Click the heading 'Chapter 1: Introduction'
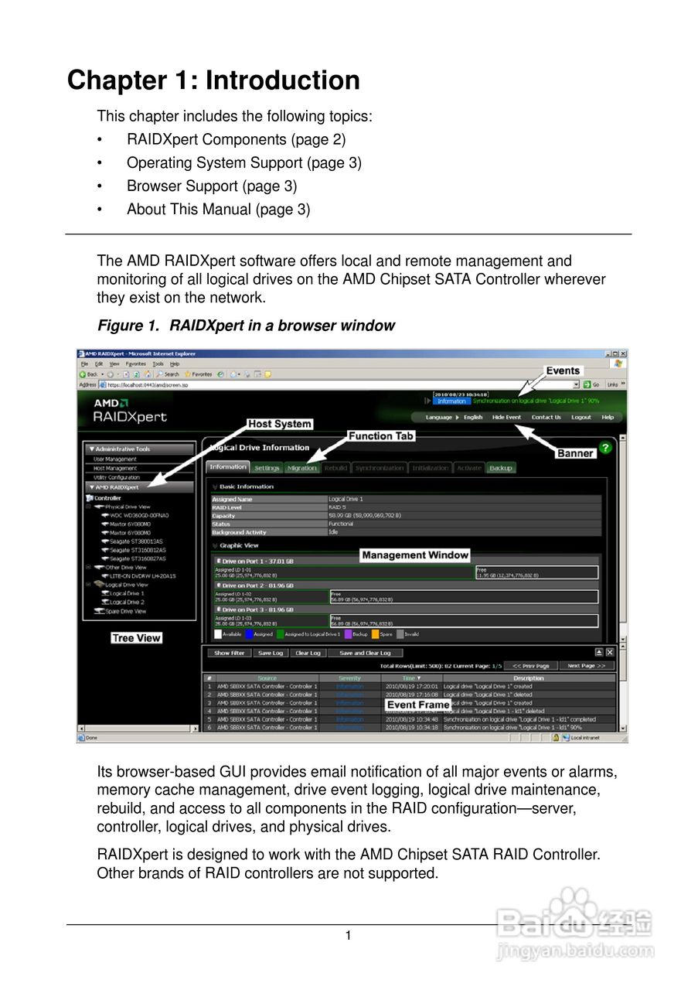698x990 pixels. tap(213, 80)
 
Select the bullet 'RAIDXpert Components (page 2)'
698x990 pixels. tap(236, 140)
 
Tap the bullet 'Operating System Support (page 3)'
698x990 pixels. tap(243, 163)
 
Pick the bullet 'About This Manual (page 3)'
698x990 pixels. tap(218, 210)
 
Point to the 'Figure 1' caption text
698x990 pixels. tap(246, 326)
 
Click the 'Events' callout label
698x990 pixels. tap(563, 371)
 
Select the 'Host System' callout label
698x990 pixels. tap(280, 424)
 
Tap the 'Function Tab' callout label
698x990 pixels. tap(381, 436)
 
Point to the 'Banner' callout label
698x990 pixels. tap(575, 453)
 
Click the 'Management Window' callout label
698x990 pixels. tap(415, 555)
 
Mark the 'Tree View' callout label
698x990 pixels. tap(136, 638)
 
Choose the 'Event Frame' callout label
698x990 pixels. tap(418, 705)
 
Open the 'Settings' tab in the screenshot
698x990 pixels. tap(267, 468)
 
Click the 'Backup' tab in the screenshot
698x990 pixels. tap(501, 468)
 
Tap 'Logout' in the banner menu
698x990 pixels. tap(581, 418)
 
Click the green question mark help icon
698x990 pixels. tap(606, 448)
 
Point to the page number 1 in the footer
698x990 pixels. tap(349, 936)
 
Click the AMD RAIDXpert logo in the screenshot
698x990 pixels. tap(130, 411)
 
